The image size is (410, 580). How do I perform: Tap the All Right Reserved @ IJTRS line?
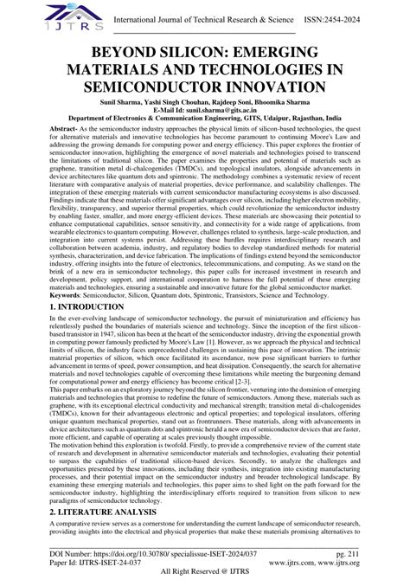pyautogui.click(x=205, y=572)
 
